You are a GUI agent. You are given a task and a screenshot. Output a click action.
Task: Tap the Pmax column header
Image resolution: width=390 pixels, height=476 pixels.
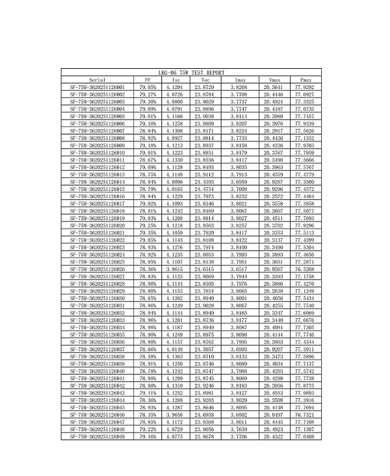tap(304, 79)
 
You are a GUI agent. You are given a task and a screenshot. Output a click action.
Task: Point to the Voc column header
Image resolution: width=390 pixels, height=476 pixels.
tap(205, 79)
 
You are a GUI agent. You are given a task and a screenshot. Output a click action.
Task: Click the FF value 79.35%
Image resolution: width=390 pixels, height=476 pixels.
tap(148, 232)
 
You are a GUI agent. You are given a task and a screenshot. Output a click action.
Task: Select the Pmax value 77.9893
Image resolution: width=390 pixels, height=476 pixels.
tap(304, 394)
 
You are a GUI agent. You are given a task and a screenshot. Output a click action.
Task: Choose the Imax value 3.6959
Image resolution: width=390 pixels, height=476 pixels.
tap(240, 182)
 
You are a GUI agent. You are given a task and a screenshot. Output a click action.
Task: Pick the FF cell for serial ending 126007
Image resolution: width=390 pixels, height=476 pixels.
tap(148, 131)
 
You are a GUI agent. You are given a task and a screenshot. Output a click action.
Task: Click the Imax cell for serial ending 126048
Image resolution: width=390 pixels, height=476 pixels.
tap(240, 430)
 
